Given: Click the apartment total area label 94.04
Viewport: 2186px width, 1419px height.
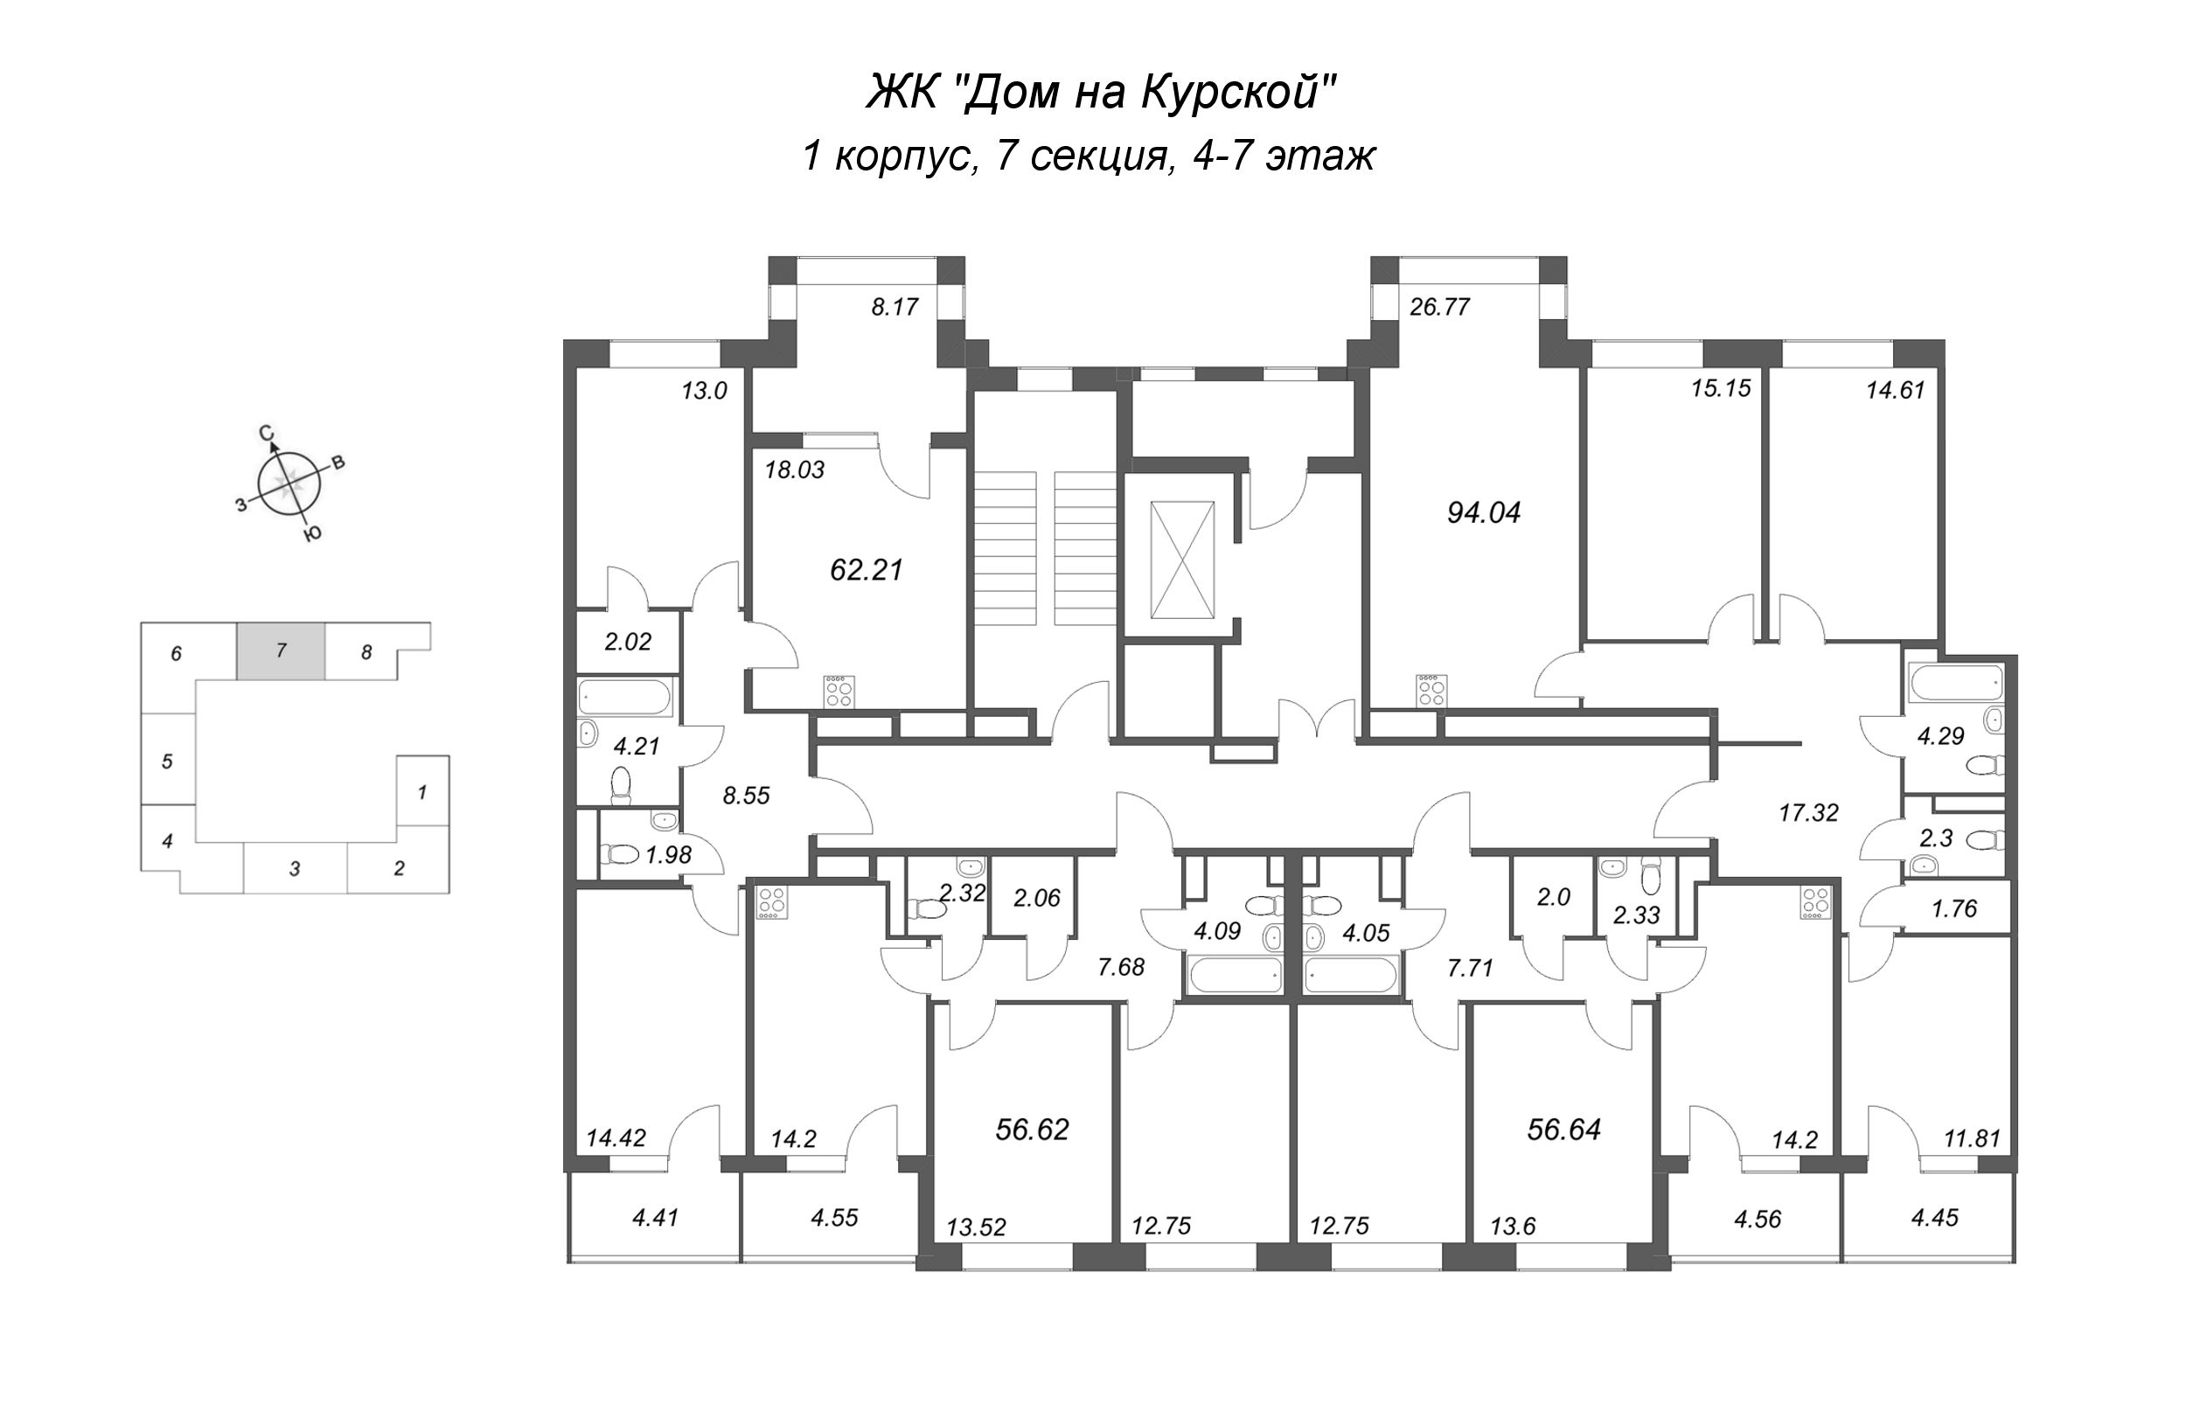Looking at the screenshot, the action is pyautogui.click(x=1483, y=512).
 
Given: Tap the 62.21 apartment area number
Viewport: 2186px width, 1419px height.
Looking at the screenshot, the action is pyautogui.click(x=867, y=569).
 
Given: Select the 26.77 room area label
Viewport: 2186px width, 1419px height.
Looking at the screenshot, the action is pyautogui.click(x=1440, y=307).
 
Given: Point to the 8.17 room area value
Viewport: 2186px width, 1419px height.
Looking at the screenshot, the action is pyautogui.click(x=895, y=307).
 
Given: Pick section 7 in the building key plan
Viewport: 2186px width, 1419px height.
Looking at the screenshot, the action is pyautogui.click(x=281, y=651).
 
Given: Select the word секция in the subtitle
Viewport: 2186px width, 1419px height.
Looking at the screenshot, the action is pyautogui.click(x=1100, y=157).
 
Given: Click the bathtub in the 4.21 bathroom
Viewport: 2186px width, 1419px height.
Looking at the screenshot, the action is pyautogui.click(x=627, y=698).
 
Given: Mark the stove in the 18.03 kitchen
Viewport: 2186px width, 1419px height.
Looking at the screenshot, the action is pyautogui.click(x=839, y=692).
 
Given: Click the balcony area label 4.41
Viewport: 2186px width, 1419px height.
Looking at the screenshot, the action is pyautogui.click(x=655, y=1219).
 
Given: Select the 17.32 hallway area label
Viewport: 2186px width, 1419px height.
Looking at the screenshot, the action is pyautogui.click(x=1808, y=813).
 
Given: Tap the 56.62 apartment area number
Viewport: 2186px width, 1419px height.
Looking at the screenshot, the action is pyautogui.click(x=1033, y=1130).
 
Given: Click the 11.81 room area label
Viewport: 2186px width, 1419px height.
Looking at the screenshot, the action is pyautogui.click(x=1972, y=1140).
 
